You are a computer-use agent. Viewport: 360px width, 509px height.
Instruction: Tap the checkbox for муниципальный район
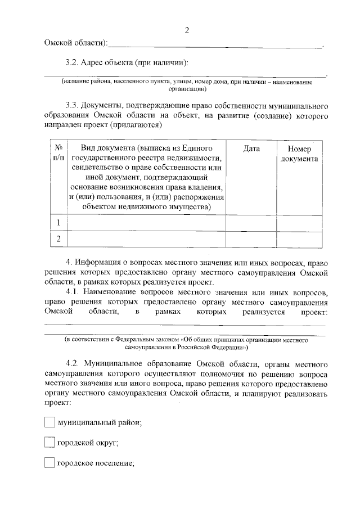pyautogui.click(x=49, y=422)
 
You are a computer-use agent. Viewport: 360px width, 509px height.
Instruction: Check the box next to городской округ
pyautogui.click(x=49, y=443)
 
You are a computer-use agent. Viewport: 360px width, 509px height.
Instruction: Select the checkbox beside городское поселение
pyautogui.click(x=49, y=463)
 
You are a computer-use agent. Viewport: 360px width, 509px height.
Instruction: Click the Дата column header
pyautogui.click(x=251, y=148)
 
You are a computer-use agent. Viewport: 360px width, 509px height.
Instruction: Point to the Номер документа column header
pyautogui.click(x=299, y=154)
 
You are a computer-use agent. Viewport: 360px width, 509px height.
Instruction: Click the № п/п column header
pyautogui.click(x=57, y=153)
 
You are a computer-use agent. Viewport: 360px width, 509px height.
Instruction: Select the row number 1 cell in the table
pyautogui.click(x=57, y=223)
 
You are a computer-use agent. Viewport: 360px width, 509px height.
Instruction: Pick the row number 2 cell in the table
pyautogui.click(x=57, y=240)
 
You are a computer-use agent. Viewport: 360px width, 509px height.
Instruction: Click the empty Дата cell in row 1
pyautogui.click(x=251, y=223)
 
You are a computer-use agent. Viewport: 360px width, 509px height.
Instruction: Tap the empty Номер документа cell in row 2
pyautogui.click(x=299, y=240)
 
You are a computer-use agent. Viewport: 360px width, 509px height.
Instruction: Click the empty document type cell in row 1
pyautogui.click(x=146, y=223)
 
